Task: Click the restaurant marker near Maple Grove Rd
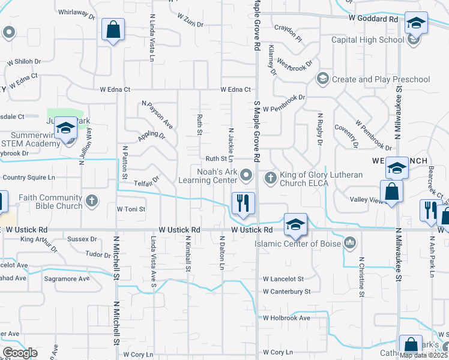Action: point(243,203)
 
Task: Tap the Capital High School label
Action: point(367,40)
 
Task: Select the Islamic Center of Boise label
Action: point(298,244)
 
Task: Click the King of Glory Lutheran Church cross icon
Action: point(270,177)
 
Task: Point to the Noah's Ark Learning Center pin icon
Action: point(246,176)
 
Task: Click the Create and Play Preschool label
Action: point(381,79)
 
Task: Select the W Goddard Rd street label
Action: point(373,19)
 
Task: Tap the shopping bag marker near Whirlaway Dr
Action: point(112,29)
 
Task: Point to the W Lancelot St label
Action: point(283,279)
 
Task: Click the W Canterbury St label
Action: point(286,292)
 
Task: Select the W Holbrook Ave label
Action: point(286,318)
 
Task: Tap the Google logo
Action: point(20,353)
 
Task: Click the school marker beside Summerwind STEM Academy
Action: point(66,128)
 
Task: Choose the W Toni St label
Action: point(131,209)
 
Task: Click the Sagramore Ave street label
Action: point(66,279)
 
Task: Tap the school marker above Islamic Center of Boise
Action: point(295,224)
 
